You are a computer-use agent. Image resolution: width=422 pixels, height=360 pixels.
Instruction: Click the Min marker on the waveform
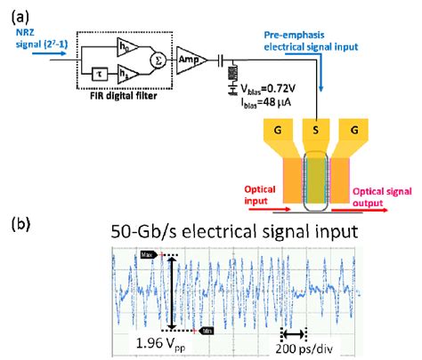[207, 330]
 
